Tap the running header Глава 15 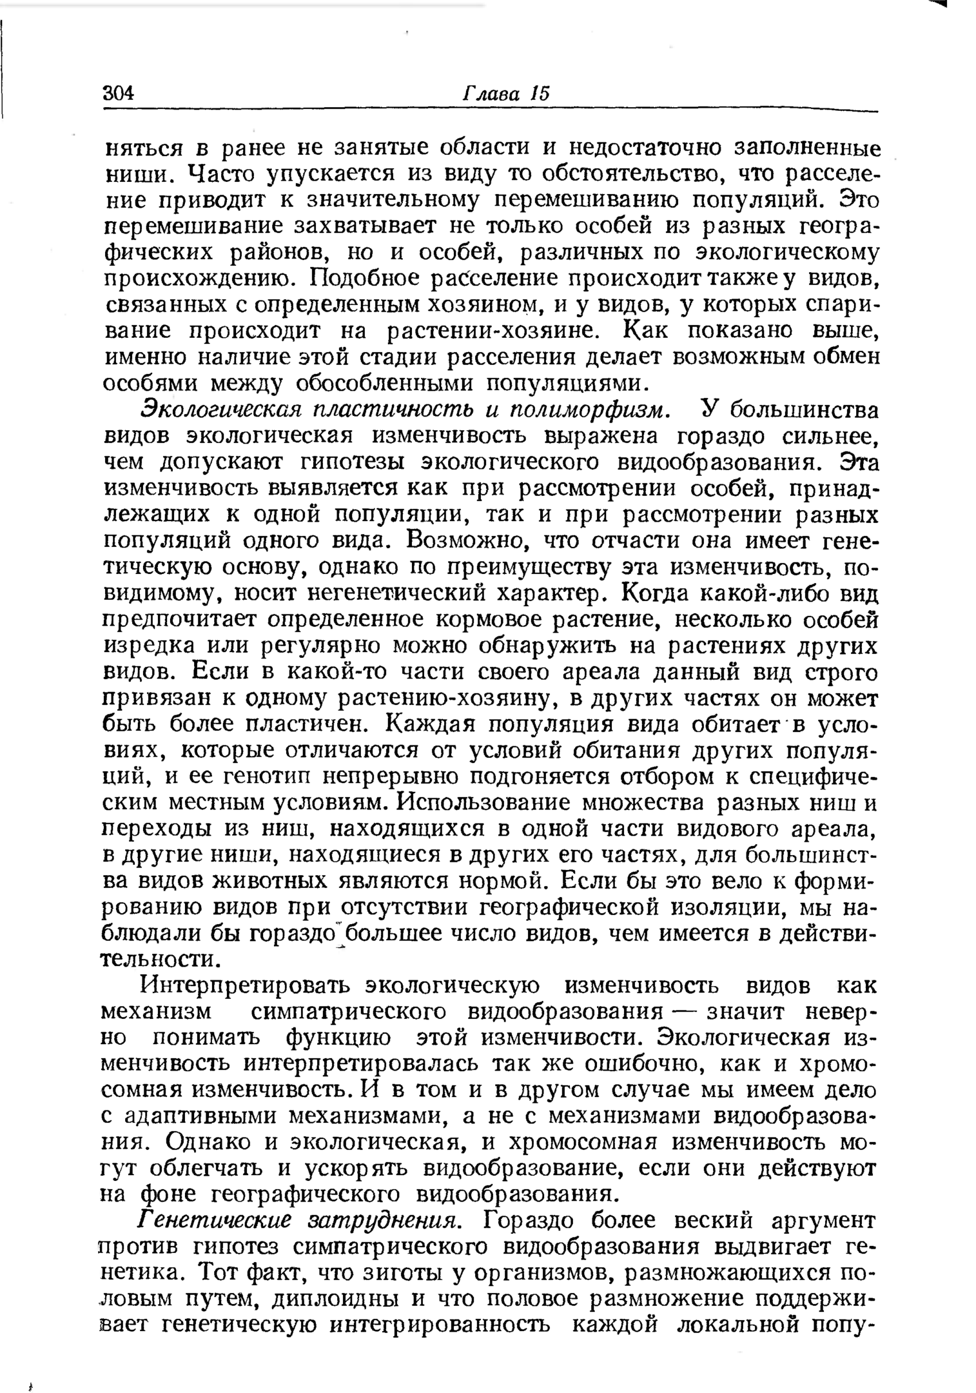[x=506, y=93]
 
